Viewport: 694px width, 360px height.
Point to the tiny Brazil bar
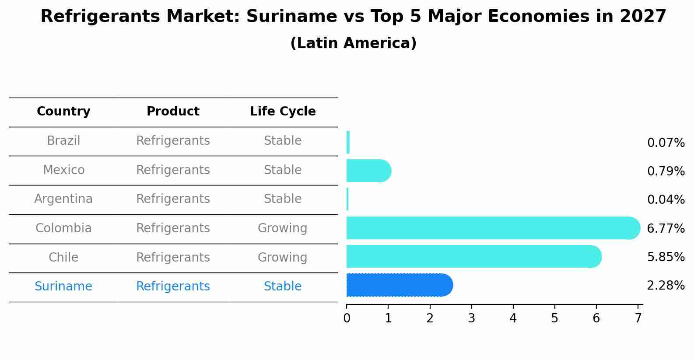tap(348, 142)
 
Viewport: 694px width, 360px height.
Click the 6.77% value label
tap(665, 228)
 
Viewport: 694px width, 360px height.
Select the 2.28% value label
tap(665, 286)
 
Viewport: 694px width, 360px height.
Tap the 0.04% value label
tap(665, 200)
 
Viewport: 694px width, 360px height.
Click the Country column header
tap(63, 112)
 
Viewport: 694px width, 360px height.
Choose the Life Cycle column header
tap(283, 112)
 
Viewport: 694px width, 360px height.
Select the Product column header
tap(173, 112)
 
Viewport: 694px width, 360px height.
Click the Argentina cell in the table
tap(63, 199)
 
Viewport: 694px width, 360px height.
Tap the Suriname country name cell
tap(63, 287)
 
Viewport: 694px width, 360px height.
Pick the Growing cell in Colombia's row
tap(283, 228)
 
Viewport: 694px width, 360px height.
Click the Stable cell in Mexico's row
tap(283, 170)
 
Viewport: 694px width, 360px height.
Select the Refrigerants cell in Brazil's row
tap(173, 141)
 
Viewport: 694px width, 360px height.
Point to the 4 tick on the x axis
tap(513, 318)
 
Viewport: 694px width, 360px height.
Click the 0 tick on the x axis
tap(347, 318)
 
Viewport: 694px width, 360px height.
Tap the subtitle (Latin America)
tap(353, 43)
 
